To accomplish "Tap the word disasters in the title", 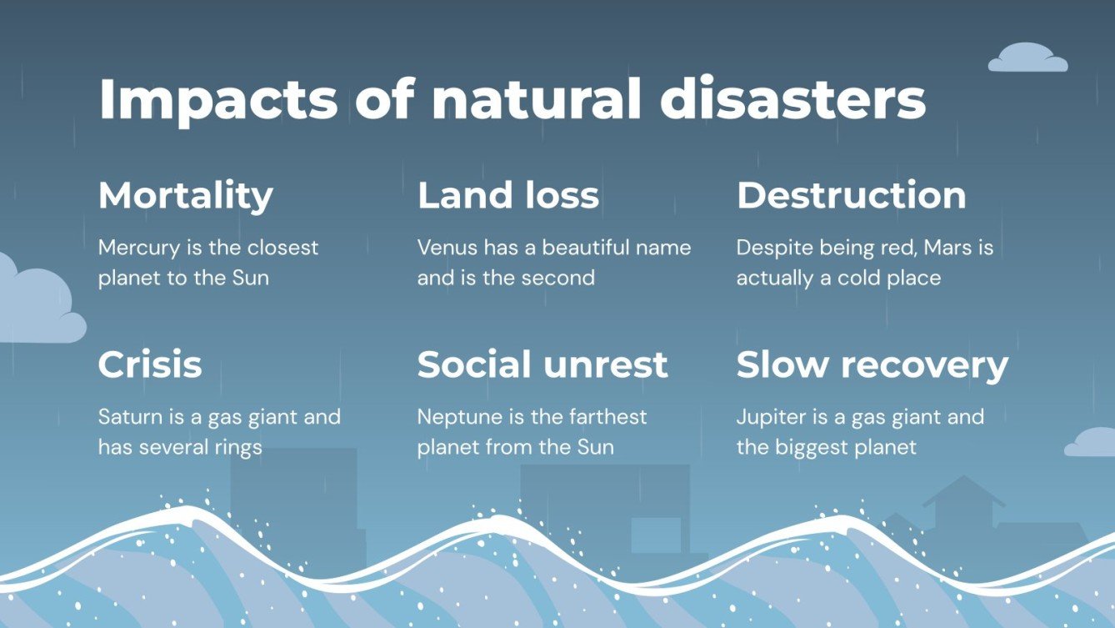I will point(792,100).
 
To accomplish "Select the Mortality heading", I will point(186,196).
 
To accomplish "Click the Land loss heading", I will point(507,196).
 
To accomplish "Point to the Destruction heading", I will point(851,196).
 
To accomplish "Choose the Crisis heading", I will point(150,365).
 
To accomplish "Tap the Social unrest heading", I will point(542,365).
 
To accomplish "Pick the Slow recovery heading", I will point(872,365).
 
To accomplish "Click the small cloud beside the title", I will point(1027,58).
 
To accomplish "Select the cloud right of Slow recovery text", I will point(1092,443).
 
